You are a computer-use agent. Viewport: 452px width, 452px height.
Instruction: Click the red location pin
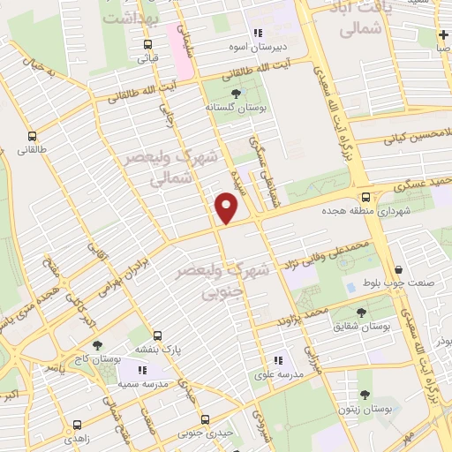click(x=227, y=208)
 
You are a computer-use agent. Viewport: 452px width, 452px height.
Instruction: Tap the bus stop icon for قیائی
click(x=147, y=45)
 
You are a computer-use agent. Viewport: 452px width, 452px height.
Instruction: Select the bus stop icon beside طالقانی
click(x=33, y=137)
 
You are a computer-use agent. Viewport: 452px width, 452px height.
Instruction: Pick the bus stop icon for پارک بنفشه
click(x=157, y=336)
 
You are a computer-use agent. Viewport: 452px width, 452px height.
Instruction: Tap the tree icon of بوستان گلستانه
click(x=235, y=94)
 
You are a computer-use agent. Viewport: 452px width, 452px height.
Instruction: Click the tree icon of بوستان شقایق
click(x=361, y=313)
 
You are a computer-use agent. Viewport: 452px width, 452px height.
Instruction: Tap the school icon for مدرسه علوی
click(x=278, y=360)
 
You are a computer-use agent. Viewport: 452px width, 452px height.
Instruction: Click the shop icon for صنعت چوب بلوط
click(x=400, y=270)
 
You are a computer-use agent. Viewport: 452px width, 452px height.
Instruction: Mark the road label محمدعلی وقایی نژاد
click(x=310, y=250)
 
